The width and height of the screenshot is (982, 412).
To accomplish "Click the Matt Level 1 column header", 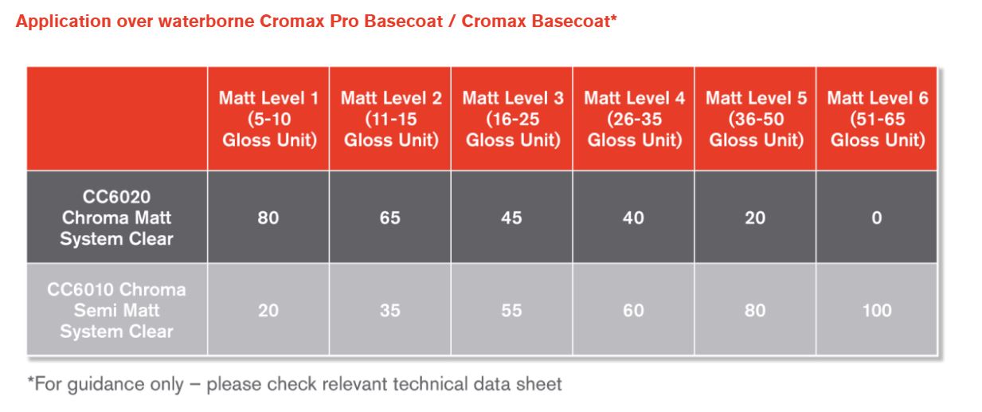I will [x=268, y=120].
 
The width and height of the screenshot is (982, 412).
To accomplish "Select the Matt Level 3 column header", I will [x=512, y=120].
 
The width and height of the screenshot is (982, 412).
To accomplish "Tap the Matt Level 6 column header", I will [x=877, y=120].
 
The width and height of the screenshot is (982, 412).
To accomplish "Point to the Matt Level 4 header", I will [x=634, y=120].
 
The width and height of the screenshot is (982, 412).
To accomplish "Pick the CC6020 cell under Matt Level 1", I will [x=268, y=218].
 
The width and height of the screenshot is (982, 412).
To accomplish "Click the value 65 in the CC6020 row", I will [x=390, y=218].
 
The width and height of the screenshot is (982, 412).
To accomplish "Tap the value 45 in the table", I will [x=512, y=218].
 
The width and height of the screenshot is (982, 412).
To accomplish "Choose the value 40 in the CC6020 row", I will [x=634, y=218].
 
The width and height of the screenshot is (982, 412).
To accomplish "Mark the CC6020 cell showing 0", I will [x=877, y=218].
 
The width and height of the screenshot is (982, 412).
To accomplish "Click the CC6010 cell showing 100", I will [x=877, y=310].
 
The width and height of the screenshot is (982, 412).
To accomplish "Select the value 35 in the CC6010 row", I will [x=390, y=310].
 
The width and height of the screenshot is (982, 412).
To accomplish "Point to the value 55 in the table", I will [x=512, y=310].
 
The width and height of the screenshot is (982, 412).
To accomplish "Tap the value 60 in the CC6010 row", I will [x=634, y=310].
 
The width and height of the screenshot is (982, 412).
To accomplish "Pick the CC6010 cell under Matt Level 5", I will [x=755, y=310].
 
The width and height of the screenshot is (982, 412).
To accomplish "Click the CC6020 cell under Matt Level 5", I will [x=755, y=218].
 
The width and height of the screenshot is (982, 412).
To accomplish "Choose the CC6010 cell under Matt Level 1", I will [x=268, y=310].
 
